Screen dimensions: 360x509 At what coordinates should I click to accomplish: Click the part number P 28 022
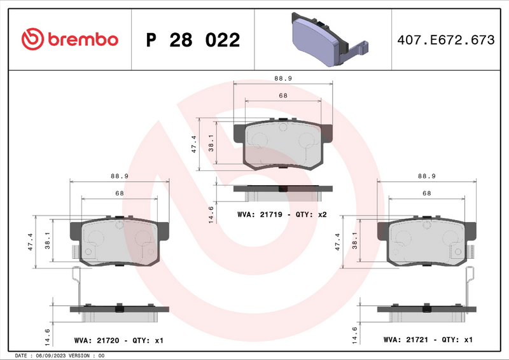(193, 40)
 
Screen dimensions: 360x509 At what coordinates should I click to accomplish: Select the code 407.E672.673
(445, 40)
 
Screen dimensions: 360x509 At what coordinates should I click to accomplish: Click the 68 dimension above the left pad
(119, 193)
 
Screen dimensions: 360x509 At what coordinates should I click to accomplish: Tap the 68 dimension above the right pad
(427, 193)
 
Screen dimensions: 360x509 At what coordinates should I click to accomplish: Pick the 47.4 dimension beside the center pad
(194, 144)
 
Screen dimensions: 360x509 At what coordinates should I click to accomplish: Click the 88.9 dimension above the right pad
(427, 176)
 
